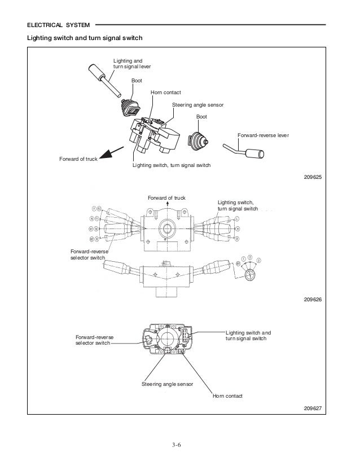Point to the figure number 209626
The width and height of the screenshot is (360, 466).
pos(312,299)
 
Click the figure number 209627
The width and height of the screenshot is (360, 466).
pos(312,408)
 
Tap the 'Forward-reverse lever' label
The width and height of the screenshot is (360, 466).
pos(264,136)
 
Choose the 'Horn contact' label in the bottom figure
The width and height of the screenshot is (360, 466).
pos(227,396)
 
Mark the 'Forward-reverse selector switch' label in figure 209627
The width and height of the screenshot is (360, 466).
pos(94,340)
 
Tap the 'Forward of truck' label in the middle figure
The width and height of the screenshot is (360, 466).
pos(166,197)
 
